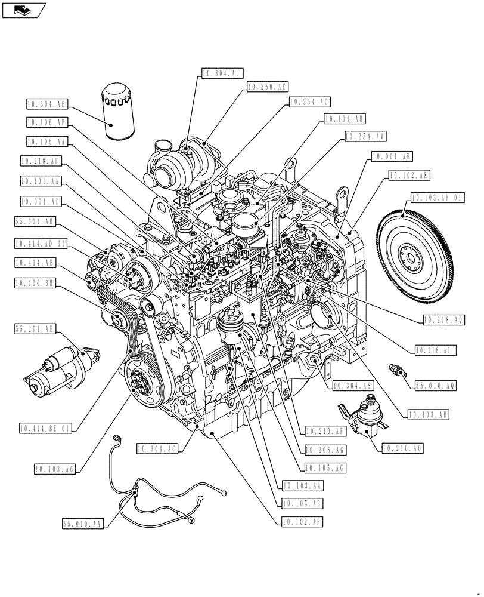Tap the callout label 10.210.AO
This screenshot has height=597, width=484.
point(402,447)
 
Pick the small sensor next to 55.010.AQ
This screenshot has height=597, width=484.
point(396,370)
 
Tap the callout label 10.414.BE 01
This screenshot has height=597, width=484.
point(45,428)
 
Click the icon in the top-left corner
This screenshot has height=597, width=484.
point(23,9)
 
